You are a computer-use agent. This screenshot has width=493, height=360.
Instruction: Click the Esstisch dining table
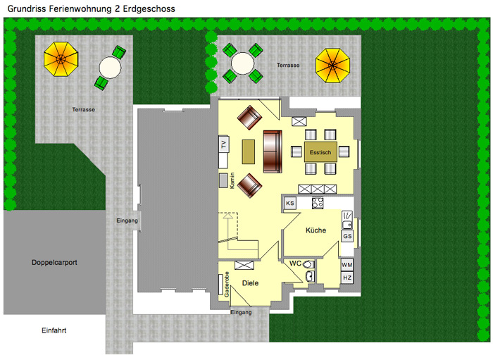320,152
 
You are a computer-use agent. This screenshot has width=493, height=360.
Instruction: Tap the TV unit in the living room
223,144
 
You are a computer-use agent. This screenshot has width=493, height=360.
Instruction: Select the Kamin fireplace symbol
223,180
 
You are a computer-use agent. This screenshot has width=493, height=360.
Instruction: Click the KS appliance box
290,203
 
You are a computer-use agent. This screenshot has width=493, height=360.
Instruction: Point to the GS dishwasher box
347,236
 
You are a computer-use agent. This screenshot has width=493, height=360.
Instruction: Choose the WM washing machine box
347,265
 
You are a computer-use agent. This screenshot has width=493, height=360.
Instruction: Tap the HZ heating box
347,278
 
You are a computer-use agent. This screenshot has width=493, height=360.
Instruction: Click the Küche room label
316,230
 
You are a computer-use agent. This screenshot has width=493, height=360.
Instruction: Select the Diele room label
250,283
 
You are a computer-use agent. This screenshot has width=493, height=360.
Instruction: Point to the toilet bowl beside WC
308,263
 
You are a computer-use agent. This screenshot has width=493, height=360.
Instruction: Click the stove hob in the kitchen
318,203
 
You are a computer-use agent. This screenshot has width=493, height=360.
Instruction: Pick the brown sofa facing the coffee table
273,151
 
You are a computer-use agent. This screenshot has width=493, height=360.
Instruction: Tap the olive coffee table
249,152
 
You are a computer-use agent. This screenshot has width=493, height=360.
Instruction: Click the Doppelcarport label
54,262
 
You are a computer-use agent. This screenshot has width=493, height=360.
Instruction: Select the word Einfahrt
54,330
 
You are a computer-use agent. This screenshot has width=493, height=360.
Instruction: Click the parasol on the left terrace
61,59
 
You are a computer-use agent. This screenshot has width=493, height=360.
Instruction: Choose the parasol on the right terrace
332,66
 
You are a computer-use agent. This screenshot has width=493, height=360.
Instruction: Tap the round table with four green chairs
242,63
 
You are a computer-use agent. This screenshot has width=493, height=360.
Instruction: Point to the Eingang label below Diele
241,312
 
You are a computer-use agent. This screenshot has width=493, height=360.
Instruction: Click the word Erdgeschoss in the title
149,8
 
